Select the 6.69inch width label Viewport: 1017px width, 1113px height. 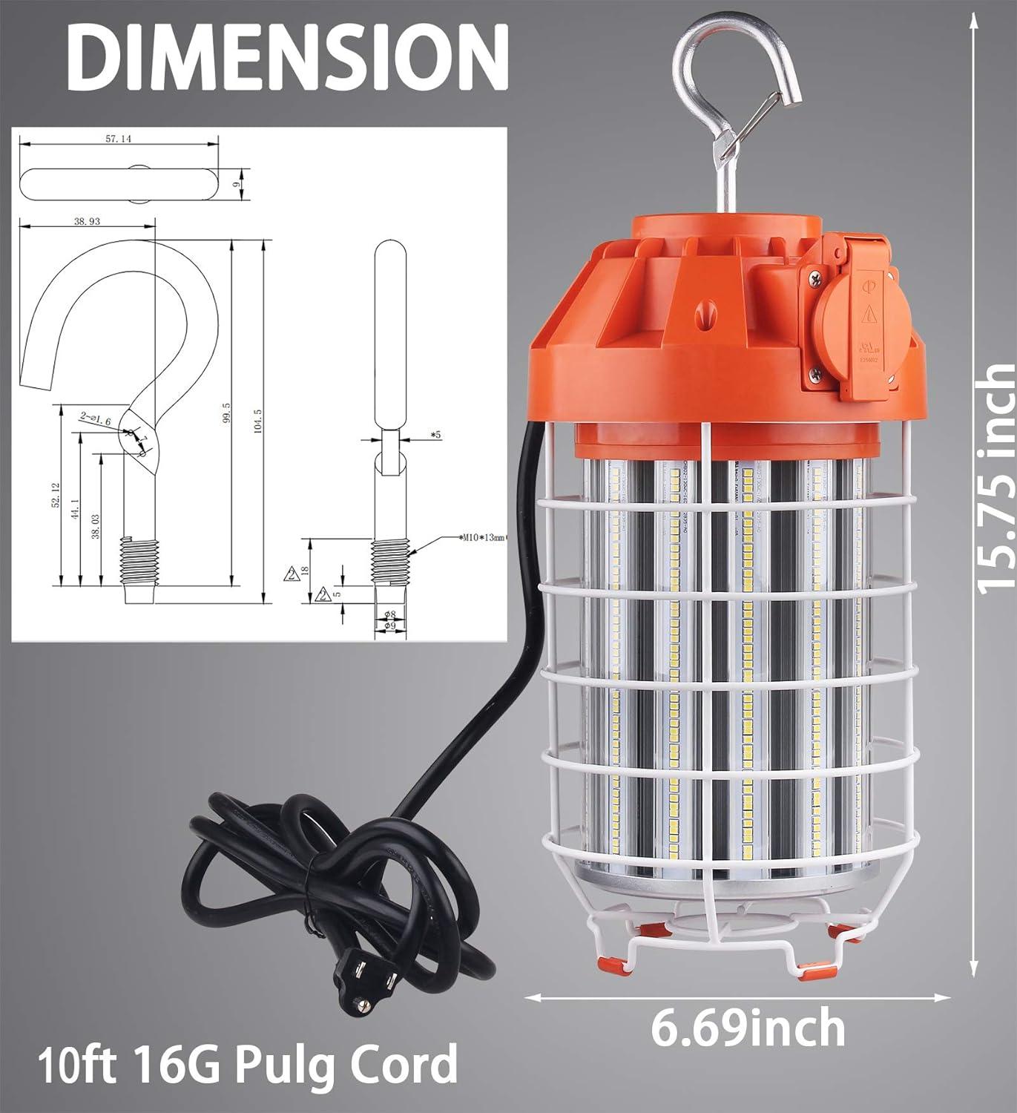[748, 1028]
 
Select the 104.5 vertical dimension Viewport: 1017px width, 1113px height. [257, 423]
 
